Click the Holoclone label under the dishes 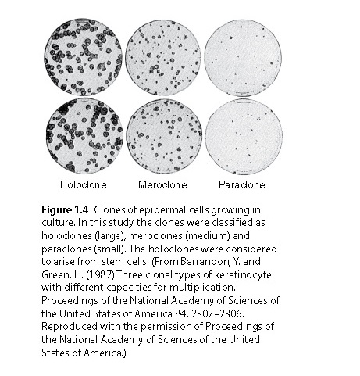click(83, 185)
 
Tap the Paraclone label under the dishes click(242, 185)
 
